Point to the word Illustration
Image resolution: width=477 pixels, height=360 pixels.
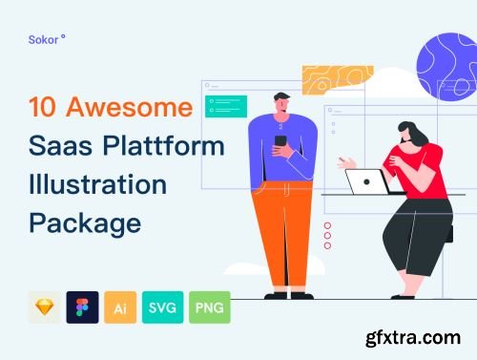(x=97, y=185)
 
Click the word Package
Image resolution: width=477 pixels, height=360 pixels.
(x=84, y=222)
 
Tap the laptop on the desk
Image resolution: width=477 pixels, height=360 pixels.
(x=364, y=182)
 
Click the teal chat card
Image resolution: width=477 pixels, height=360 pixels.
(x=225, y=106)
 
